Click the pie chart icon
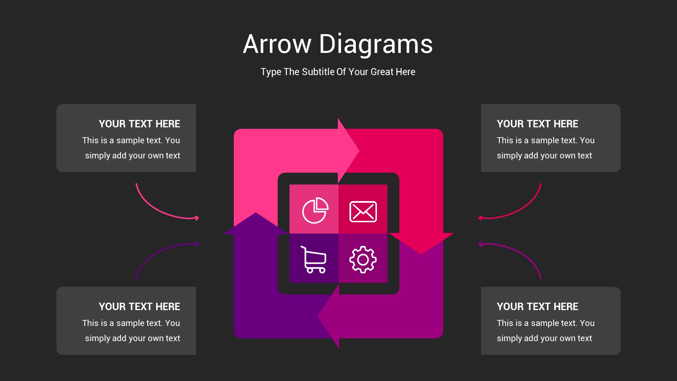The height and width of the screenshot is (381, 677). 315,210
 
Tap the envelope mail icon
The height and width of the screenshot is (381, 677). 363,212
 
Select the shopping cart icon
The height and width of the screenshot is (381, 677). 313,260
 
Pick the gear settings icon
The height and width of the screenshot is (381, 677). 363,260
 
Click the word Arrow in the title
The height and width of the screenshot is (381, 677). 277,44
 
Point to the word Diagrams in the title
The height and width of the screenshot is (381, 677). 376,44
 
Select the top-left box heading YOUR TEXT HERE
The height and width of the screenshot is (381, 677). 139,124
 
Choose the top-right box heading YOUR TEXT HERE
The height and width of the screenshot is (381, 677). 537,124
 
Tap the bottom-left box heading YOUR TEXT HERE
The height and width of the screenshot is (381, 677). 139,307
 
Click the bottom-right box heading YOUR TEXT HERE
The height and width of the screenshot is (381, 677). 537,307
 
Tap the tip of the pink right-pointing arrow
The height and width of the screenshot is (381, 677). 359,151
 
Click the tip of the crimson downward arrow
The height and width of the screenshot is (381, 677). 421,254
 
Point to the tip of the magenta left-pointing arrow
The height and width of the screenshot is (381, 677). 318,316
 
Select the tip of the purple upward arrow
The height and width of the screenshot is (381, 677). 256,213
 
